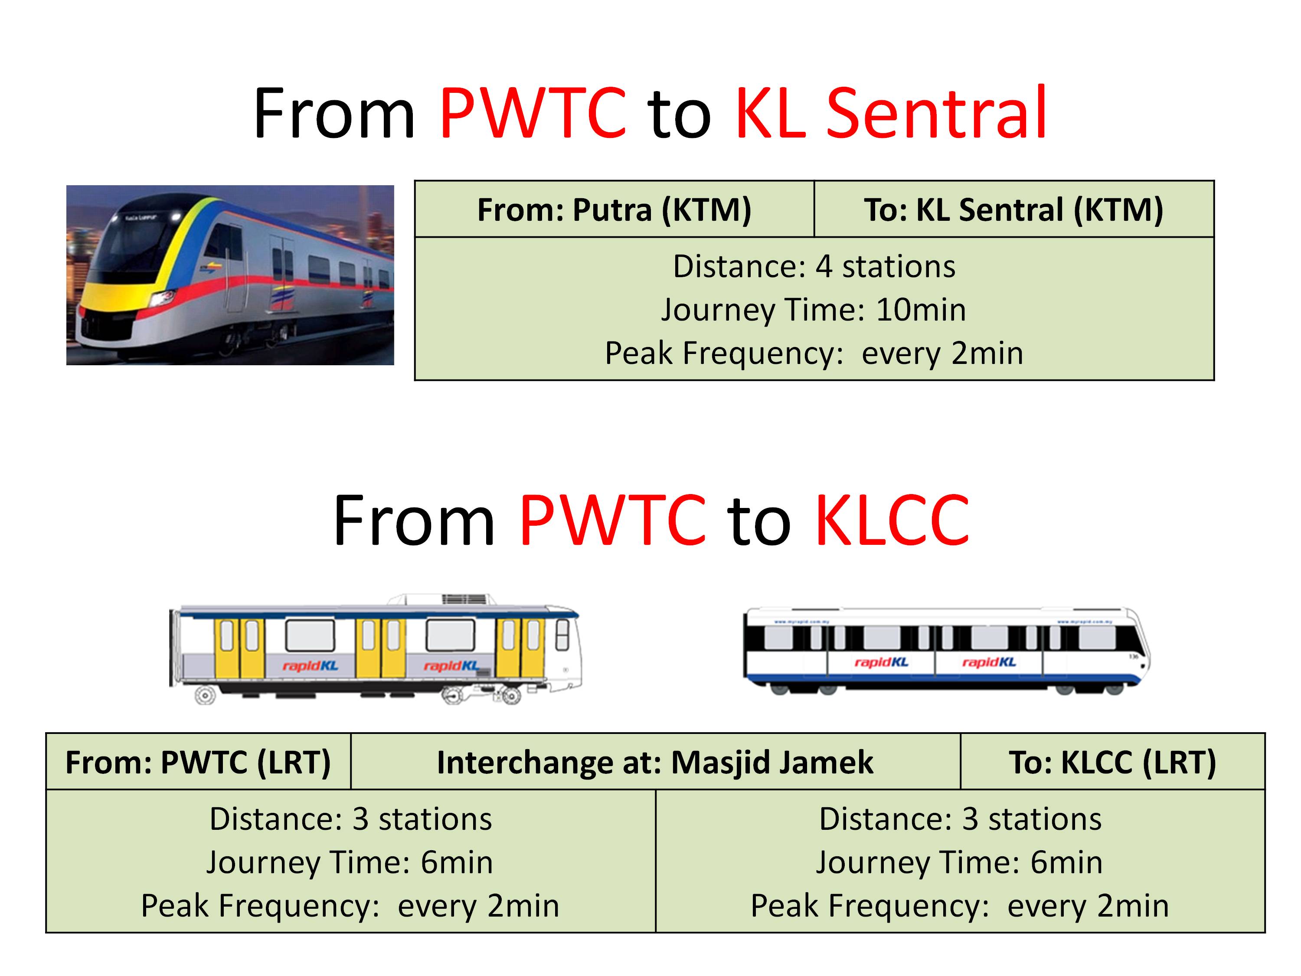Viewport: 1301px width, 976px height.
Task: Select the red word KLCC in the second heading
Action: coord(892,520)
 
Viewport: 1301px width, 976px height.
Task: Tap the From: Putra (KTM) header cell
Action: coord(614,210)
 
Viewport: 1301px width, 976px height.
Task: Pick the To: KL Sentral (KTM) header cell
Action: coord(1013,210)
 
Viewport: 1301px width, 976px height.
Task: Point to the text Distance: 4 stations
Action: coord(814,266)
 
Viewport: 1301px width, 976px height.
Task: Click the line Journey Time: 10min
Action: coord(814,310)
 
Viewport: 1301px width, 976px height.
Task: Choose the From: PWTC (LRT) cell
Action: coord(198,762)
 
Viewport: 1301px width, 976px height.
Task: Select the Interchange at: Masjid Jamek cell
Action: coord(655,762)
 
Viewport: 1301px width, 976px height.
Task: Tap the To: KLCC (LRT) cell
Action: coord(1112,762)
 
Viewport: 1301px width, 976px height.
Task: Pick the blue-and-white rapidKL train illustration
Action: coord(947,651)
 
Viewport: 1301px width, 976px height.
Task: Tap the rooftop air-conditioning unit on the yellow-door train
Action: coord(464,599)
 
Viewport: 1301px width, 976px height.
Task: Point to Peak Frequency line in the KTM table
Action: coord(814,353)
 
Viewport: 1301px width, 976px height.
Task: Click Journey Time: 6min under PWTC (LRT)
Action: coord(350,862)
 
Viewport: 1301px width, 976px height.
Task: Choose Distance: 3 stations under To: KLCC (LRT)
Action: coord(960,819)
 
